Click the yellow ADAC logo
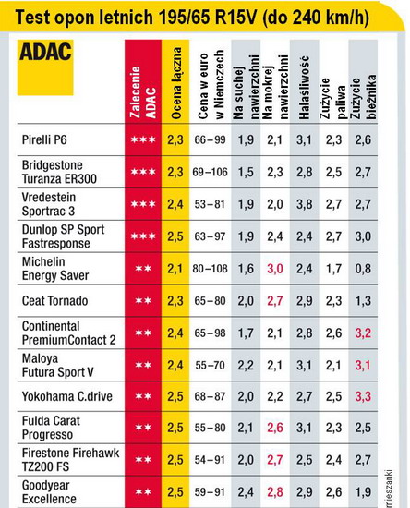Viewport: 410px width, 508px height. [45, 67]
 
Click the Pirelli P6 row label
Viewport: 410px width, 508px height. [44, 140]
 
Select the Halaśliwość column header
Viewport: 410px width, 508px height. [304, 88]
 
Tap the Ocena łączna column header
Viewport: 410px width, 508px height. [175, 83]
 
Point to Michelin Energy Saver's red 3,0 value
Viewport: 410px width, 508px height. [275, 269]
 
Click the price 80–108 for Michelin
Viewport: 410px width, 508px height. [210, 269]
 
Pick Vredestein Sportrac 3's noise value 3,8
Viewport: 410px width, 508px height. [304, 204]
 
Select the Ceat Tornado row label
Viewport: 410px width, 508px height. [54, 301]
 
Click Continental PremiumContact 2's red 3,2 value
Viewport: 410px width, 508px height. [363, 333]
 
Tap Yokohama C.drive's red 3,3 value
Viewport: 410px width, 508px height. [363, 396]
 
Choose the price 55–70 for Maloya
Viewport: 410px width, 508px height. [210, 366]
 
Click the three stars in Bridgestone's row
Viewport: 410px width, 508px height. [143, 172]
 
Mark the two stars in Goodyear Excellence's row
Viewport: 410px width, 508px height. [143, 492]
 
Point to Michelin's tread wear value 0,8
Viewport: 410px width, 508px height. [363, 269]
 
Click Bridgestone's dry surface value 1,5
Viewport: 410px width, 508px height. [246, 172]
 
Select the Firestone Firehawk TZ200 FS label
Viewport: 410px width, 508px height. [70, 460]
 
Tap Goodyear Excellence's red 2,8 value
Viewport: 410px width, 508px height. [275, 492]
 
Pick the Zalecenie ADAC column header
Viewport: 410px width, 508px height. [143, 92]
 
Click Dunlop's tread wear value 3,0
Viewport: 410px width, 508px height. [363, 236]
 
